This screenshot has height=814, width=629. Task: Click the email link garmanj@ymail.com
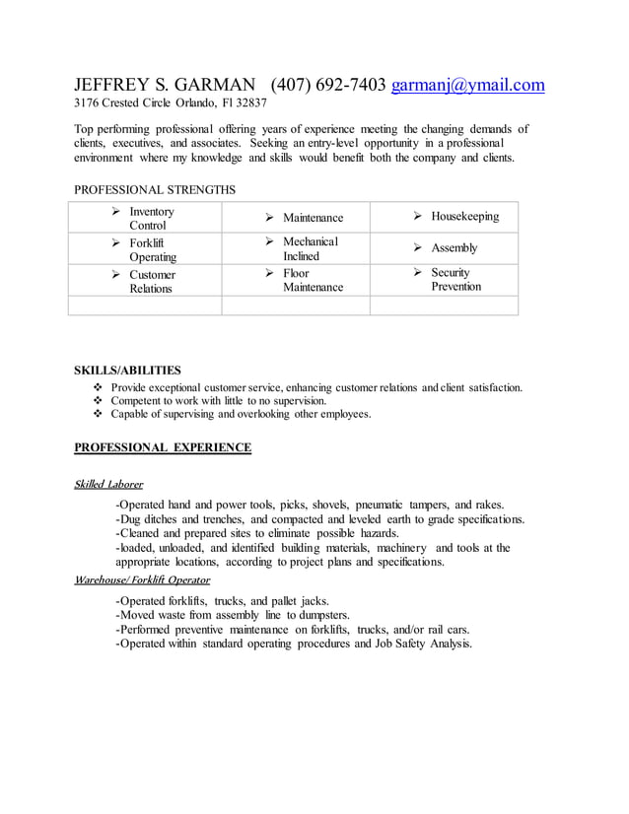click(467, 85)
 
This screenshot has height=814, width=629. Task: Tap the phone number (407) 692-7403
click(327, 85)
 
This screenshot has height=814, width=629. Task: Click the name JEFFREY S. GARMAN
click(167, 85)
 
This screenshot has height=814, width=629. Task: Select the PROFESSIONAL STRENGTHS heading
click(155, 189)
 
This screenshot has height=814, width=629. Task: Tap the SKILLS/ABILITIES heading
click(127, 371)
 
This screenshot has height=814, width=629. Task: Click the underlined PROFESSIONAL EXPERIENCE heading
click(163, 447)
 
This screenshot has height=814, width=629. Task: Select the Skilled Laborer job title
click(108, 484)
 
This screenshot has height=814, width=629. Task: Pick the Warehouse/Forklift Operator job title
click(142, 579)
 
